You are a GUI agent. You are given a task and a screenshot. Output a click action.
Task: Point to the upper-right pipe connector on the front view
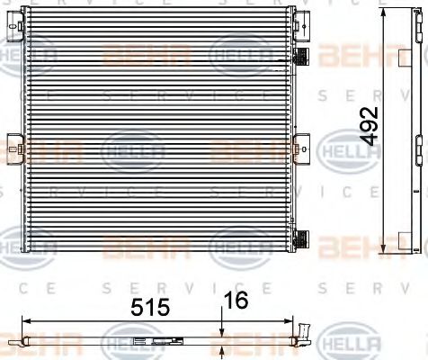[x=303, y=58]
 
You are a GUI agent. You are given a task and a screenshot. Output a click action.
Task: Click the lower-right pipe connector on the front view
[x=303, y=238]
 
